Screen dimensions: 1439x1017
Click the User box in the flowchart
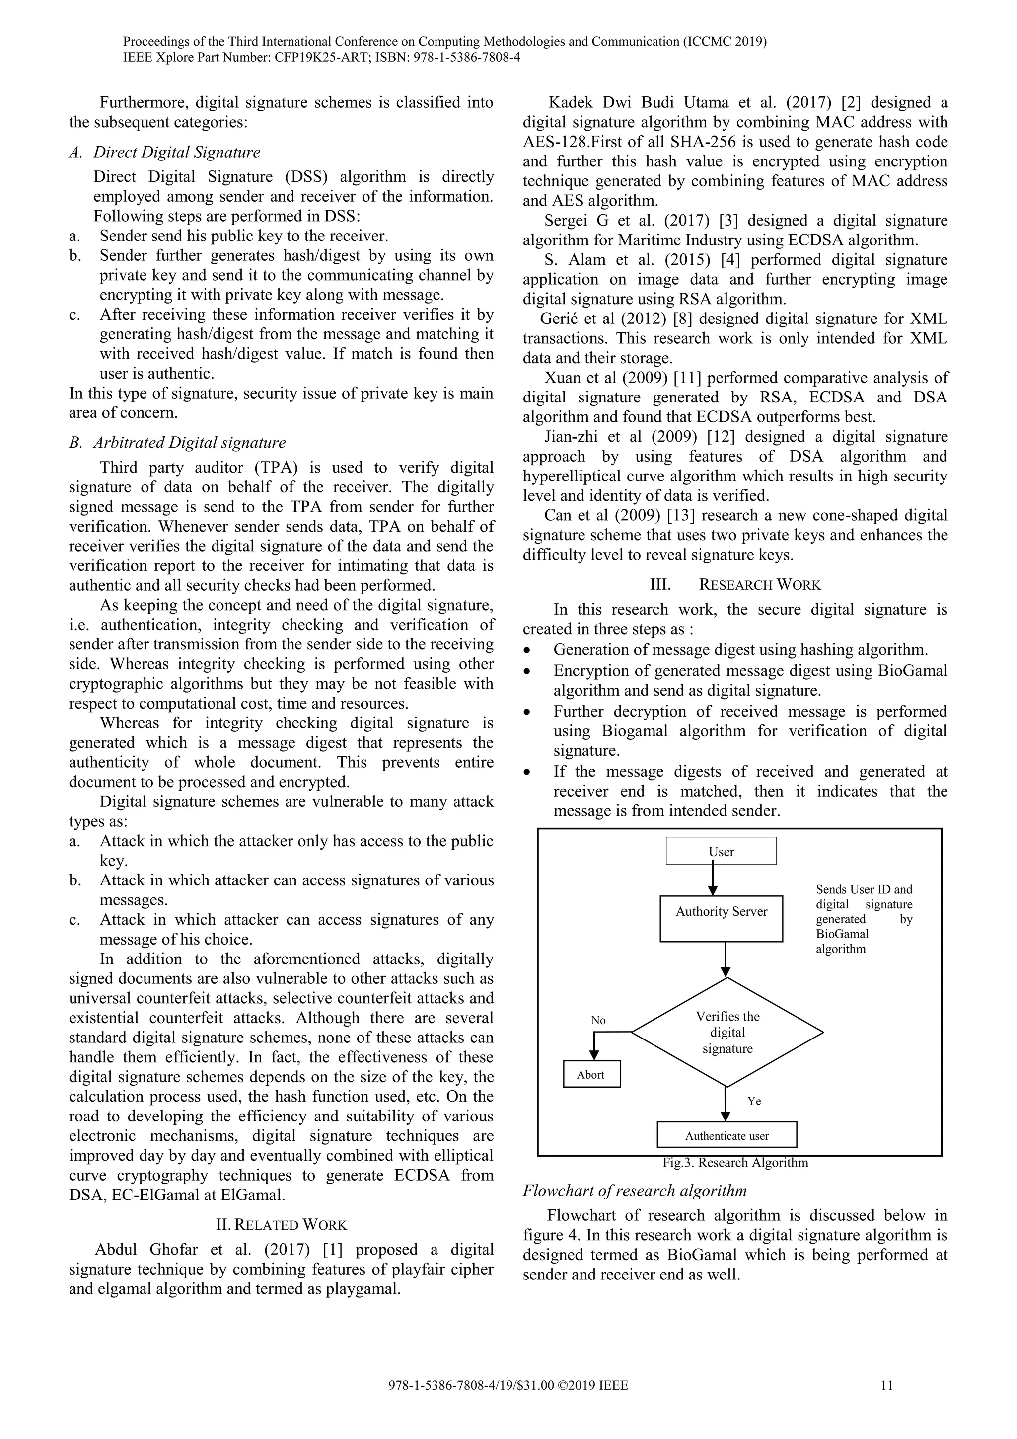click(x=721, y=851)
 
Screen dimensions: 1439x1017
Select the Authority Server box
click(x=722, y=918)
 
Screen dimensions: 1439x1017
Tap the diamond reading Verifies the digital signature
click(x=727, y=1032)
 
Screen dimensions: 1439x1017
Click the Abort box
click(x=591, y=1074)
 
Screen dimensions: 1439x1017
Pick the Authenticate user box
click(x=726, y=1136)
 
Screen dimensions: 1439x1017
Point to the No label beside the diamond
click(x=598, y=1020)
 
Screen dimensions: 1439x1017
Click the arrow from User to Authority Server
click(x=712, y=880)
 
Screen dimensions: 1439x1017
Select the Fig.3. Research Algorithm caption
click(x=735, y=1163)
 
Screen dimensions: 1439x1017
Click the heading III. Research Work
click(x=735, y=585)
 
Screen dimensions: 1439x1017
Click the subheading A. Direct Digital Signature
click(x=165, y=153)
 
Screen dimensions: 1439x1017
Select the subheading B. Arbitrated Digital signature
click(x=177, y=442)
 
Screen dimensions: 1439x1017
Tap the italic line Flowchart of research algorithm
click(x=634, y=1190)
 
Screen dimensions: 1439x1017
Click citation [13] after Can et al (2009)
click(x=683, y=516)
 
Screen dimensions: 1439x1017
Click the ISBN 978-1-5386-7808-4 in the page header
click(x=463, y=58)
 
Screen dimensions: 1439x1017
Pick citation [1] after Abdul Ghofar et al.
click(x=331, y=1250)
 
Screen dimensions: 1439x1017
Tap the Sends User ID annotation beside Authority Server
click(x=864, y=918)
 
